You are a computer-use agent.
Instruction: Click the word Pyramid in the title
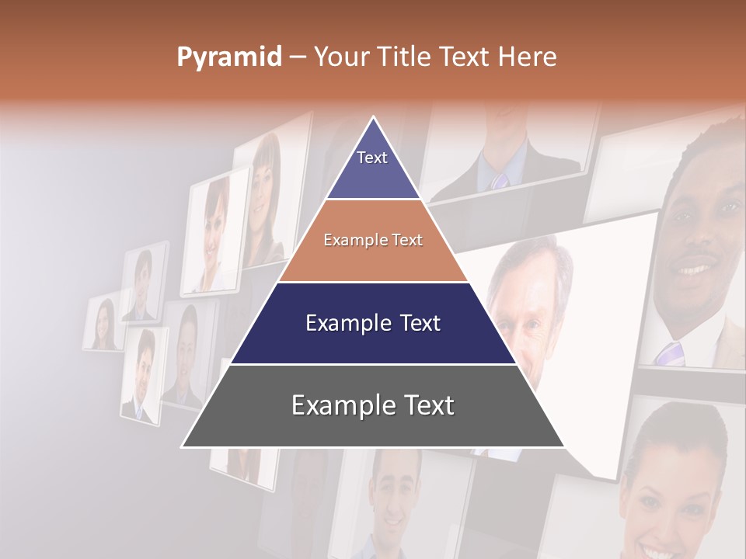pyautogui.click(x=228, y=57)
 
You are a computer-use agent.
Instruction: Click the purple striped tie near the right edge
pyautogui.click(x=669, y=353)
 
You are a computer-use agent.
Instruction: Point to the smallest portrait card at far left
pyautogui.click(x=103, y=324)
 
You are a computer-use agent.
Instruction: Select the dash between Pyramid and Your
pyautogui.click(x=298, y=57)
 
